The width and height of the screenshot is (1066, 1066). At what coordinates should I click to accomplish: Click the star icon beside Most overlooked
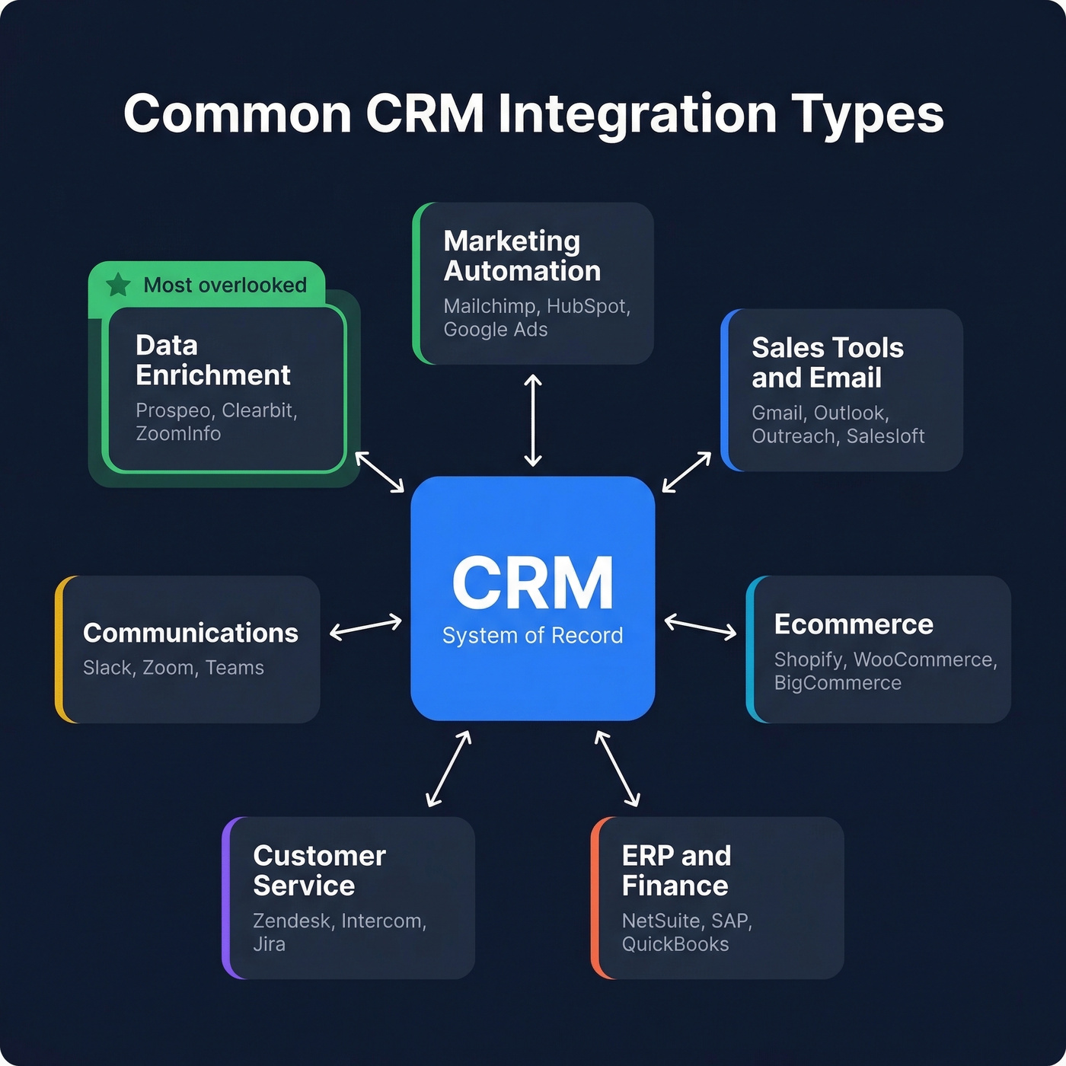(118, 285)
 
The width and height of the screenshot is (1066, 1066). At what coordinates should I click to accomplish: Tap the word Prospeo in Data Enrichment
(173, 410)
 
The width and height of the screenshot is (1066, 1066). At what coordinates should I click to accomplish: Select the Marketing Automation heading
(522, 256)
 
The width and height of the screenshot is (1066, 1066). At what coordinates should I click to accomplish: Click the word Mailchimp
(490, 306)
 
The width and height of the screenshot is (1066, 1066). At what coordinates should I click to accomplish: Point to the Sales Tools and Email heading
(827, 362)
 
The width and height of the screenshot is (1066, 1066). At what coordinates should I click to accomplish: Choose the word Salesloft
(886, 436)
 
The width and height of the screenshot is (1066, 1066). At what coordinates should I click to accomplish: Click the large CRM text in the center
(532, 583)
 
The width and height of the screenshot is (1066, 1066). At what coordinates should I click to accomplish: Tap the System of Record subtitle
(532, 636)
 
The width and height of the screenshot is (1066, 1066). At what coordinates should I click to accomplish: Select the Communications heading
(190, 633)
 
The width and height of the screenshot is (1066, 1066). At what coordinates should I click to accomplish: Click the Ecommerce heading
(854, 624)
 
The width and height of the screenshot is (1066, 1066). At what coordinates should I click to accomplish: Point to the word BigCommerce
(838, 683)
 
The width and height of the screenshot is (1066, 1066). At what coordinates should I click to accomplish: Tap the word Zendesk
(292, 921)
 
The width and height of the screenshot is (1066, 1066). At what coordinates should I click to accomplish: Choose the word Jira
(269, 944)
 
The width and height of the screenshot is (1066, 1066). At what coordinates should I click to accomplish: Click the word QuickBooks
(675, 944)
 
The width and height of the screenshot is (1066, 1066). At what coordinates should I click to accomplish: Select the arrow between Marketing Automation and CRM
(533, 420)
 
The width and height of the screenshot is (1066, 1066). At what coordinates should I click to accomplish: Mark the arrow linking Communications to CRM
(365, 627)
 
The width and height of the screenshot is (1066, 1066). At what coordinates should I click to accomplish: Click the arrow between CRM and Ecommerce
(701, 627)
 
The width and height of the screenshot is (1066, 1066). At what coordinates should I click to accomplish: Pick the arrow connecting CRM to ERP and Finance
(618, 768)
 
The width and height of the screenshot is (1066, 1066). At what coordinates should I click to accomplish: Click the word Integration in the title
(637, 114)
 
